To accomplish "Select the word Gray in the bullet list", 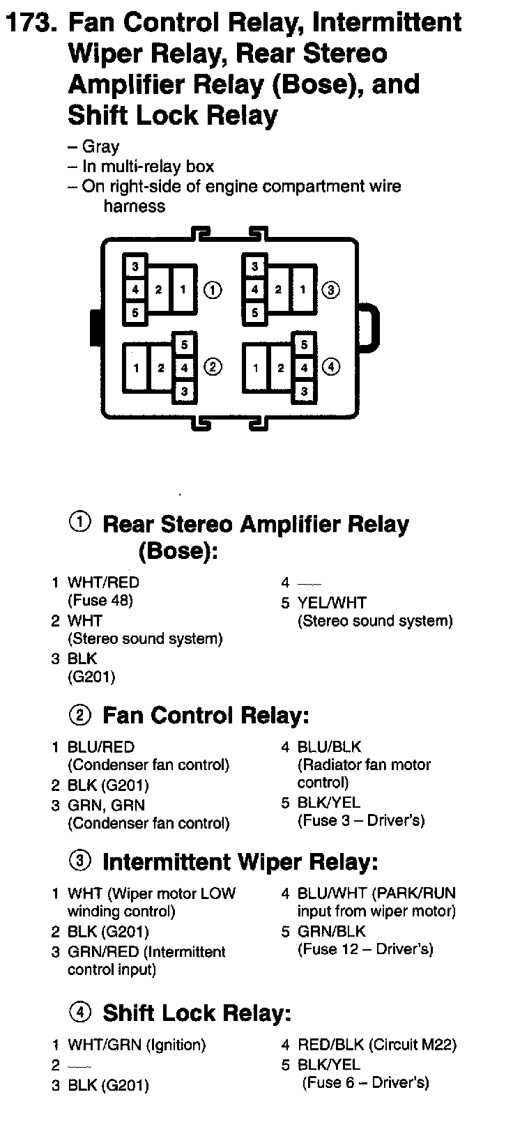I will point(100,147).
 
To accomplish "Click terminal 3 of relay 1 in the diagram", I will point(135,266).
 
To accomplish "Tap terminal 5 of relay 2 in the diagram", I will point(184,344).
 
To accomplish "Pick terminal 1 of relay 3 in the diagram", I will point(303,289).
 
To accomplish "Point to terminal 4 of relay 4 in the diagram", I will point(304,367).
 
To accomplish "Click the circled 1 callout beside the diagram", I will point(213,289).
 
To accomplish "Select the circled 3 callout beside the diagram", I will point(331,289).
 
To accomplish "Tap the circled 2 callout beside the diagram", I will point(213,367).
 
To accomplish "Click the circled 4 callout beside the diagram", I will point(331,367).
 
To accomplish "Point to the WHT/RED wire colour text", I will point(103,583).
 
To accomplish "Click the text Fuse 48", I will point(100,600).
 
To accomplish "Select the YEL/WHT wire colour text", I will point(331,603).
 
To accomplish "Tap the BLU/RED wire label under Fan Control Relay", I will point(100,747).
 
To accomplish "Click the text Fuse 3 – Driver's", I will point(361,820).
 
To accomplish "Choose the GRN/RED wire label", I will point(102,952).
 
